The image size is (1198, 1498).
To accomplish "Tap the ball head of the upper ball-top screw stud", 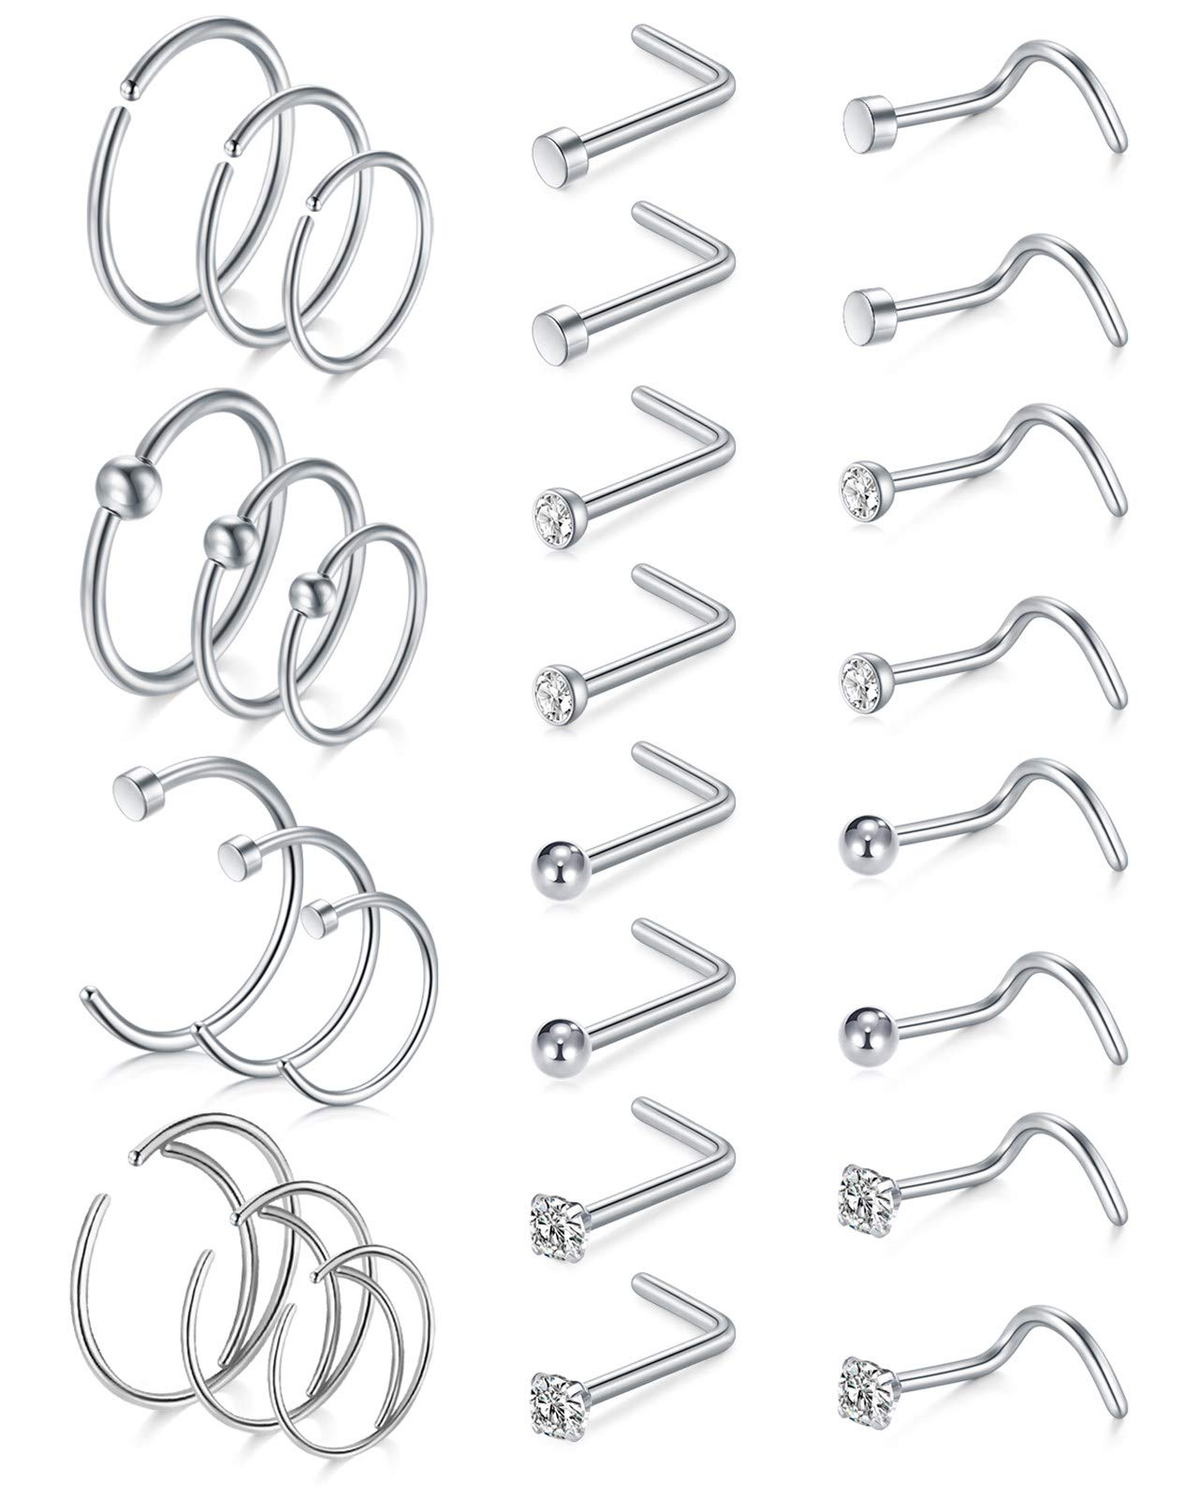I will (862, 833).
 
